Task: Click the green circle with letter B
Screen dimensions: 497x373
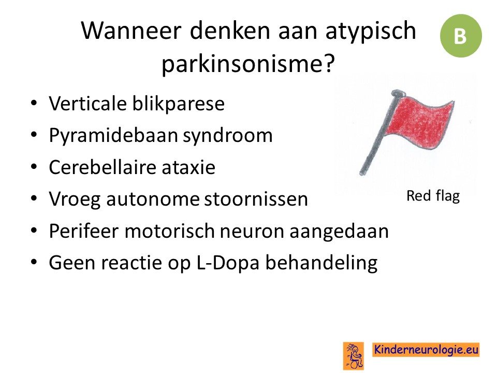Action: click(461, 36)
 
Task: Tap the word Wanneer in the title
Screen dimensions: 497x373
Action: click(131, 31)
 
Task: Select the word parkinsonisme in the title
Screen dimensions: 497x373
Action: click(244, 64)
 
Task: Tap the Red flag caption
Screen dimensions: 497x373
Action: click(433, 196)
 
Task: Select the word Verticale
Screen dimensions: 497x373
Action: click(87, 104)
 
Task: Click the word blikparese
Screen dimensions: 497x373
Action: click(179, 104)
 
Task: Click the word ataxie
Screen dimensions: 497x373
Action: click(188, 167)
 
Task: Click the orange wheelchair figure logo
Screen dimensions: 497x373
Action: click(354, 356)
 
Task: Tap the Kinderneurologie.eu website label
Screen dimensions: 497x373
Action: click(426, 350)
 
